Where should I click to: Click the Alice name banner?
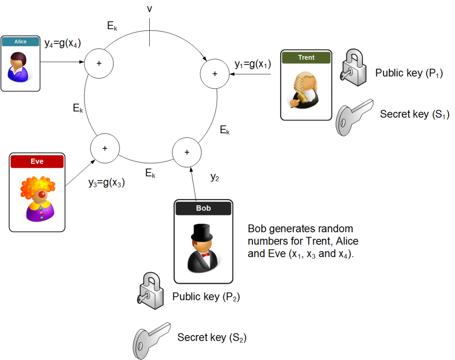tap(20, 42)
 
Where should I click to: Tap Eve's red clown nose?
tap(41, 195)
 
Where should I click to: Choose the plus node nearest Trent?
tap(215, 73)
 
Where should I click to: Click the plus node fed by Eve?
tap(105, 148)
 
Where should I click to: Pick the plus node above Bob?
tap(187, 152)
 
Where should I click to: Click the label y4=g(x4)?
tap(62, 43)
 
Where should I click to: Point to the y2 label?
tap(216, 178)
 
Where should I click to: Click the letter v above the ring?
tap(150, 9)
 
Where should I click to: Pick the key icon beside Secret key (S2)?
tap(151, 338)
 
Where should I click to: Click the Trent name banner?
tap(306, 57)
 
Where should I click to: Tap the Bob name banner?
tap(203, 208)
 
